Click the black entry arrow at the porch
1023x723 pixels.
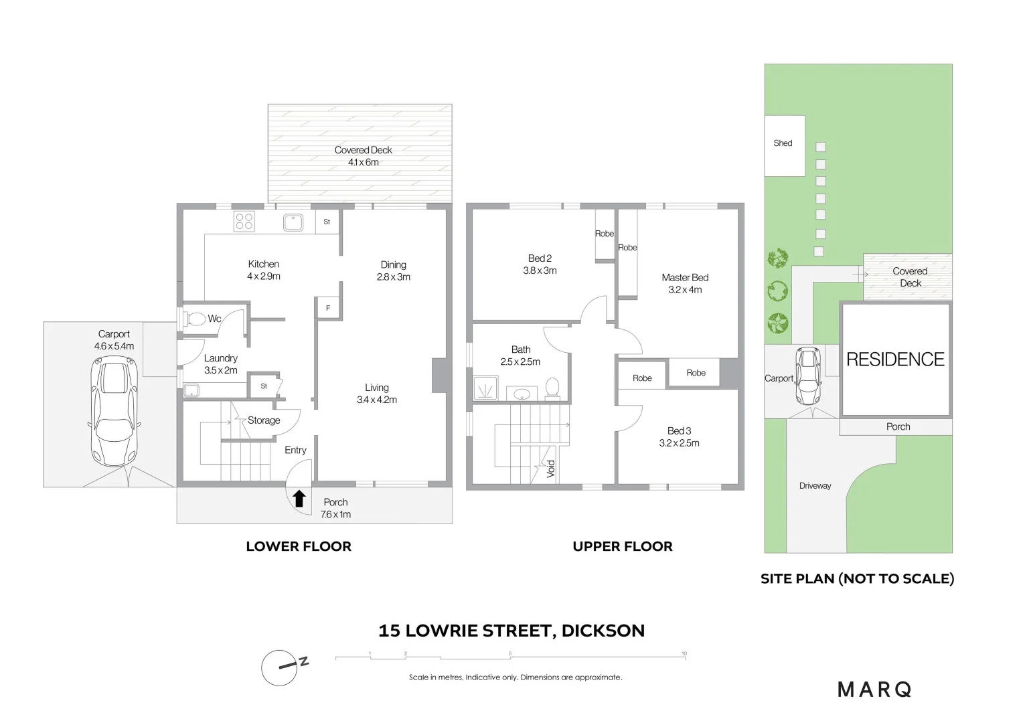tap(299, 499)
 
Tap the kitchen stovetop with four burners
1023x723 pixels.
tap(244, 222)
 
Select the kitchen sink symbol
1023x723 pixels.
tap(293, 222)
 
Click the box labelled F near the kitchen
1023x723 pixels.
tap(328, 309)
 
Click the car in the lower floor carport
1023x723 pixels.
tap(115, 410)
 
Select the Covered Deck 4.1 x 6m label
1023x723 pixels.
tap(363, 156)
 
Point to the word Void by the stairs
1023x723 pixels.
tap(550, 468)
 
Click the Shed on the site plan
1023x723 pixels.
tap(783, 145)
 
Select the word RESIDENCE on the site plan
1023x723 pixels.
tap(895, 359)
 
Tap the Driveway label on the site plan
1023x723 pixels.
tap(815, 486)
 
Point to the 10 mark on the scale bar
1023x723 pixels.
tap(684, 654)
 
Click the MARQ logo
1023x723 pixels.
tap(874, 690)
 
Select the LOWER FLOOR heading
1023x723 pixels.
tap(299, 546)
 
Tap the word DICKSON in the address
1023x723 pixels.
tap(603, 631)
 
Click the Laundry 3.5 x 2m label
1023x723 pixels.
tap(221, 364)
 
